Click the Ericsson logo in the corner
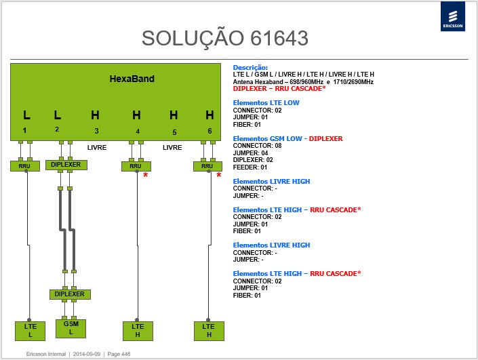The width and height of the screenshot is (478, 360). point(453,16)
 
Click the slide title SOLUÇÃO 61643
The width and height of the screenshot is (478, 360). point(225,38)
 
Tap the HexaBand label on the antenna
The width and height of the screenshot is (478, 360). point(132,79)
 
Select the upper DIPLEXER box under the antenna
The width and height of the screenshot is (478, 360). point(66,165)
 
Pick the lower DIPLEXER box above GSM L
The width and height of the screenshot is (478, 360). point(70,294)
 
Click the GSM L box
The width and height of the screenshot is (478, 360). point(71,328)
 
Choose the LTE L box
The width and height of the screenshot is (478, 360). point(31,331)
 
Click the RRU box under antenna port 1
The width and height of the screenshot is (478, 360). point(24,166)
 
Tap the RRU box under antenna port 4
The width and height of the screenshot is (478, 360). point(136,166)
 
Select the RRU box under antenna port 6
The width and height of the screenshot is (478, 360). point(207,166)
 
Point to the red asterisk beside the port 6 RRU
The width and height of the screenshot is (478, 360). point(218,176)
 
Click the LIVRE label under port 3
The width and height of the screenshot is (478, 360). point(97,148)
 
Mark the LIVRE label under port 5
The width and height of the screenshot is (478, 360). point(172,148)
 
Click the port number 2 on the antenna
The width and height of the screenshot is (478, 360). point(57,129)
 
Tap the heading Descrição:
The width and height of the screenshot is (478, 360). point(250,68)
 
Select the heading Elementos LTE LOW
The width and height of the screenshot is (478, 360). point(266,103)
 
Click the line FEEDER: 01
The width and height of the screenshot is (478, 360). point(250,167)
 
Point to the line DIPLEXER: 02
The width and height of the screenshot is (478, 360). point(253,160)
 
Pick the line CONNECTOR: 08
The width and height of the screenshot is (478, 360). point(257,146)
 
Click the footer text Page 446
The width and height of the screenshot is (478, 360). point(119,354)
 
